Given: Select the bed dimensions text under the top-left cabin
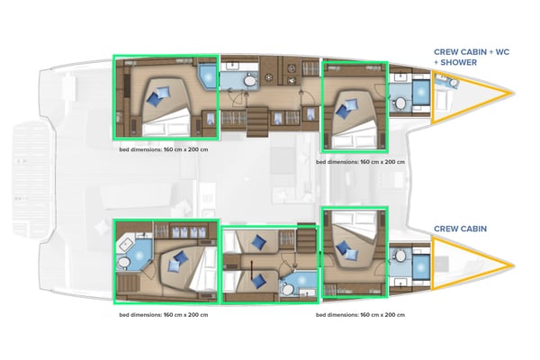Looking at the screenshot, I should coord(164,150).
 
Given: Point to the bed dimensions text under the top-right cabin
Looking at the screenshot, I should coord(360,163).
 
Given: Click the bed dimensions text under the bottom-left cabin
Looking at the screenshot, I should coord(164,315).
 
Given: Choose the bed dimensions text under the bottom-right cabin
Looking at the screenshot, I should coord(360,315).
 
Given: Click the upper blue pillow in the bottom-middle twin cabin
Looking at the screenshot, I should coord(258,241).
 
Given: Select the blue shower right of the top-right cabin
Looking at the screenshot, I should coord(420,94).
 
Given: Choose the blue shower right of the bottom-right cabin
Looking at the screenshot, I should coord(420,267).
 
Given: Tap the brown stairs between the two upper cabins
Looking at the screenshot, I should coord(257,117).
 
